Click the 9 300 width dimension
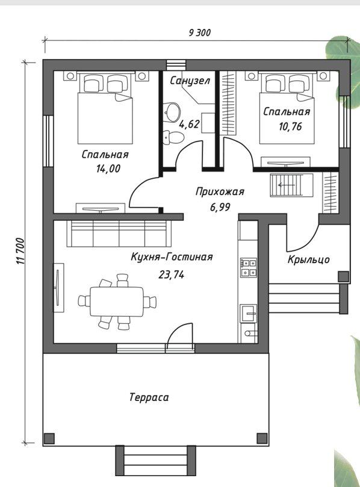[x=199, y=33]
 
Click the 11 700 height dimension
[x=20, y=251]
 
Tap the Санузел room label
[x=190, y=81]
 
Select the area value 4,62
[x=189, y=124]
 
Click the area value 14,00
[x=108, y=169]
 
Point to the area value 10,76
[x=290, y=127]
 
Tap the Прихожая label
[x=220, y=191]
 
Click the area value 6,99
[x=220, y=207]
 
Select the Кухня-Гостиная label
[x=172, y=257]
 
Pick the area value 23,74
[x=171, y=275]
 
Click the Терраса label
[x=149, y=397]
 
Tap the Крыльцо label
[x=308, y=259]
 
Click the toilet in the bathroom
[x=173, y=137]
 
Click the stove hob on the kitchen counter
[x=249, y=268]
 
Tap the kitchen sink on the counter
[x=249, y=313]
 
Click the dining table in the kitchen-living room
[x=117, y=302]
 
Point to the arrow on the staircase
[x=287, y=185]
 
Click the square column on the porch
[x=343, y=276]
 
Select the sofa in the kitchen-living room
[x=119, y=233]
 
